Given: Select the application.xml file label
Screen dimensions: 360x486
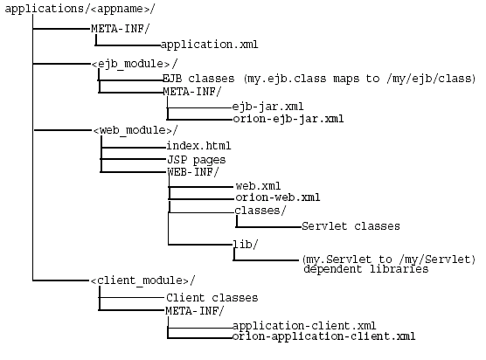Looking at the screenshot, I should point(210,42).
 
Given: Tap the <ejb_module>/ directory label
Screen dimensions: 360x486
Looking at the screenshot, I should point(134,64).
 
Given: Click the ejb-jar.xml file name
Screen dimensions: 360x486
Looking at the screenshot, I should point(267,106).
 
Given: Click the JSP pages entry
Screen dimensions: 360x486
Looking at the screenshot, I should point(196,159).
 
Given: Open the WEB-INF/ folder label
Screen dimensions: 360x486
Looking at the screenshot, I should point(192,172).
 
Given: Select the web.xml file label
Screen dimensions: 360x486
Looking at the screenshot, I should point(258,186).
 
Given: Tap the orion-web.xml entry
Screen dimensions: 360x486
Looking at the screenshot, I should point(278,197).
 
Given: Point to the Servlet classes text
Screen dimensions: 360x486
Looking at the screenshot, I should point(351,226).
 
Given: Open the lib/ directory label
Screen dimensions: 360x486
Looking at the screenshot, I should point(246,244).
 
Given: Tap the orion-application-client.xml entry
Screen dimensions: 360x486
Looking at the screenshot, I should point(323,336).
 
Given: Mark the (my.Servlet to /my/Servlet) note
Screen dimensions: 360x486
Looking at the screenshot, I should point(388,259).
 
